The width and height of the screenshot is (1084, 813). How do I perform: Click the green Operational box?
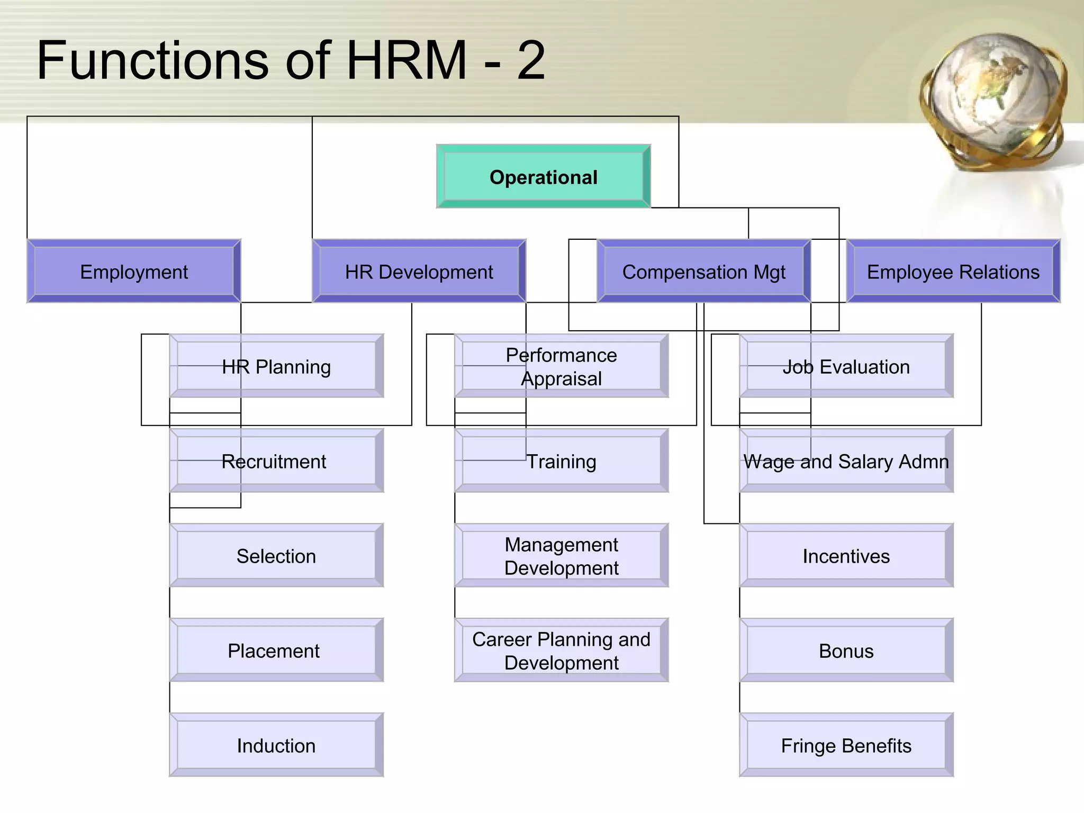point(543,177)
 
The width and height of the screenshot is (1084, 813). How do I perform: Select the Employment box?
point(134,272)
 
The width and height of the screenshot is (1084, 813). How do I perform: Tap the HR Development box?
point(419,272)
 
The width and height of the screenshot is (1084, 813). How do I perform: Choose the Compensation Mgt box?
point(703,272)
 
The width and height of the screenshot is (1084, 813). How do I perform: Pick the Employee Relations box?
point(953,272)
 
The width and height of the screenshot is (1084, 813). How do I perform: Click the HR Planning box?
point(276,366)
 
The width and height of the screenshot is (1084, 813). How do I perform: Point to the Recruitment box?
point(276,461)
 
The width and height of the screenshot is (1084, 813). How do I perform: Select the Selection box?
point(276,556)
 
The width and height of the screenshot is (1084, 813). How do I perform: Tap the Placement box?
point(276,651)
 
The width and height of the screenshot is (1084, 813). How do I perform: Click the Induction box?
point(276,745)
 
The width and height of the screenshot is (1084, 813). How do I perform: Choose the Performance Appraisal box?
point(561,366)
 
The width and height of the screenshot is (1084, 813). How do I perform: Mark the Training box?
point(561,461)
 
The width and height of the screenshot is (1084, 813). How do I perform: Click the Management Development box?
point(561,556)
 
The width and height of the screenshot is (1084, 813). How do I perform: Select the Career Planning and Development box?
point(561,651)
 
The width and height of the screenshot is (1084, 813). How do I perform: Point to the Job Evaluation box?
point(846,366)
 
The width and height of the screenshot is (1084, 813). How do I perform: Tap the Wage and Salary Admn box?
point(846,461)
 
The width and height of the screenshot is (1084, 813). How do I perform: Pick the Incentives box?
point(846,556)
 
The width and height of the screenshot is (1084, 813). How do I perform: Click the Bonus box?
point(846,651)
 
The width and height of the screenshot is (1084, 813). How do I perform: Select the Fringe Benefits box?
point(846,745)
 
